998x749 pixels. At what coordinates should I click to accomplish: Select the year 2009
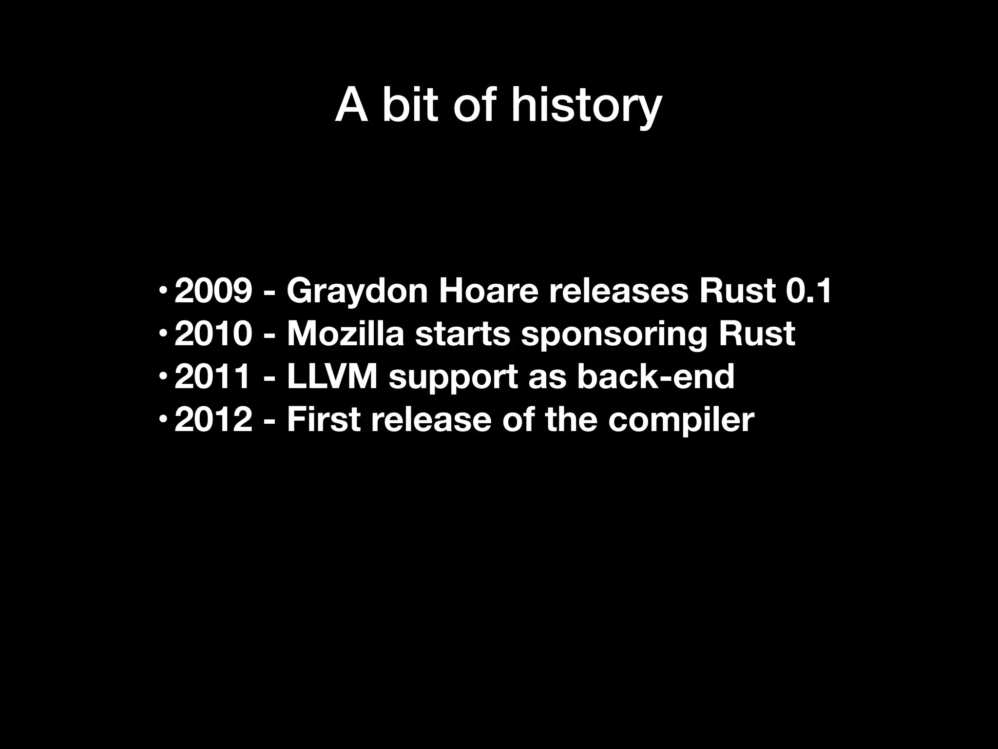(213, 291)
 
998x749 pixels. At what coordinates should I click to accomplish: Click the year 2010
(213, 334)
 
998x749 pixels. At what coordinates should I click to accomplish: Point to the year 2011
(213, 377)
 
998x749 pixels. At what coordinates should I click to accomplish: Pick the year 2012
(213, 419)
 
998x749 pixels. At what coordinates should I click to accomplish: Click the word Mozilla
(345, 334)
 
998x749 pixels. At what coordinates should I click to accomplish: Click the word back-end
(655, 377)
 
